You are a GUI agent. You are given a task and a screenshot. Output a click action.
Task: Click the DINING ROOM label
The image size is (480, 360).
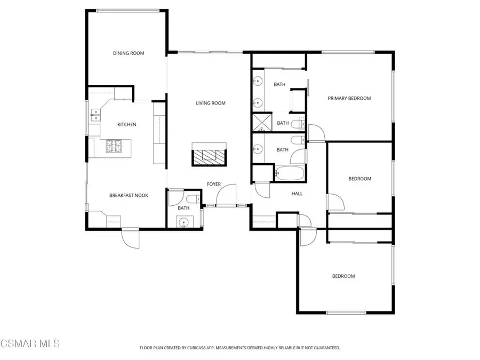click(129, 53)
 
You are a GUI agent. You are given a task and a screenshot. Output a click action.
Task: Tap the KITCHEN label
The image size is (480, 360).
click(127, 125)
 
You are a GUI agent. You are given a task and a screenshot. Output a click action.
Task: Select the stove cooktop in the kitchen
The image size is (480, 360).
click(115, 146)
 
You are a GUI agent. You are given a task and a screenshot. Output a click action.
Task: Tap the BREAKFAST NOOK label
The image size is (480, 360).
click(129, 196)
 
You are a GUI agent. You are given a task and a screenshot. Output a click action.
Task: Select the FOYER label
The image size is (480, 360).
click(214, 185)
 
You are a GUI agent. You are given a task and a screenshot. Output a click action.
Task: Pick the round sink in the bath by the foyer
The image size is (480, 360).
click(184, 222)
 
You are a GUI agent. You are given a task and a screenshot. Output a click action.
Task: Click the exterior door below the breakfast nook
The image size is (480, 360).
click(131, 238)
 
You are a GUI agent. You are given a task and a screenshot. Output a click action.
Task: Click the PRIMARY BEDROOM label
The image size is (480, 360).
click(349, 98)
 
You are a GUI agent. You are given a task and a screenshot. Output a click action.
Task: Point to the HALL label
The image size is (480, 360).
click(297, 194)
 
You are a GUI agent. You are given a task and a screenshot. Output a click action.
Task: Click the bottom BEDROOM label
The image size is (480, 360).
click(343, 276)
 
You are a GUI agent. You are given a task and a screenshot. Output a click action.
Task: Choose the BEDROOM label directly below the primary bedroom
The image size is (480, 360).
click(359, 179)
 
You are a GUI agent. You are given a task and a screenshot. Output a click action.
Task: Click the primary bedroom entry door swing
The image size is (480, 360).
click(315, 133)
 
